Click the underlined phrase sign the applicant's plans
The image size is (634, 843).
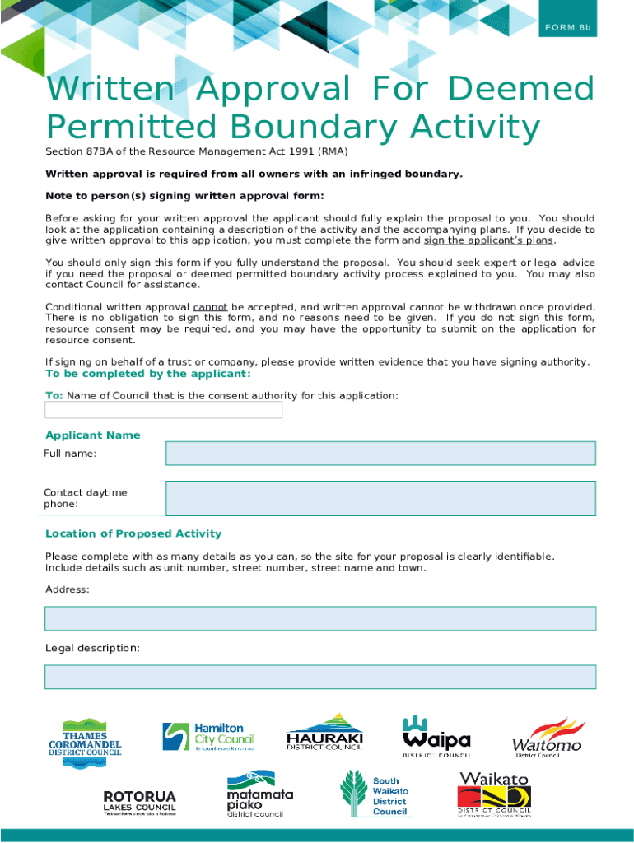click(x=488, y=240)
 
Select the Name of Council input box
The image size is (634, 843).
click(x=164, y=410)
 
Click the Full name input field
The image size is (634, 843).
click(x=380, y=454)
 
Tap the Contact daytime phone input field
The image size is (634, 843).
click(x=380, y=498)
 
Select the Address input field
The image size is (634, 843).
click(x=320, y=618)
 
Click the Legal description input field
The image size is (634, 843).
click(x=320, y=677)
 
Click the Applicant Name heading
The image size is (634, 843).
click(x=92, y=435)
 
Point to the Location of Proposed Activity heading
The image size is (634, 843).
click(x=133, y=533)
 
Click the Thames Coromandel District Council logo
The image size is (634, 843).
click(x=85, y=743)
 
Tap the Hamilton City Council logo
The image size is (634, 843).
click(x=208, y=736)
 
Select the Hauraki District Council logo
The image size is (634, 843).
click(x=324, y=733)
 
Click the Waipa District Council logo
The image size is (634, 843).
click(x=436, y=735)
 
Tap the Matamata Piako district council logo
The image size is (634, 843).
click(x=259, y=794)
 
